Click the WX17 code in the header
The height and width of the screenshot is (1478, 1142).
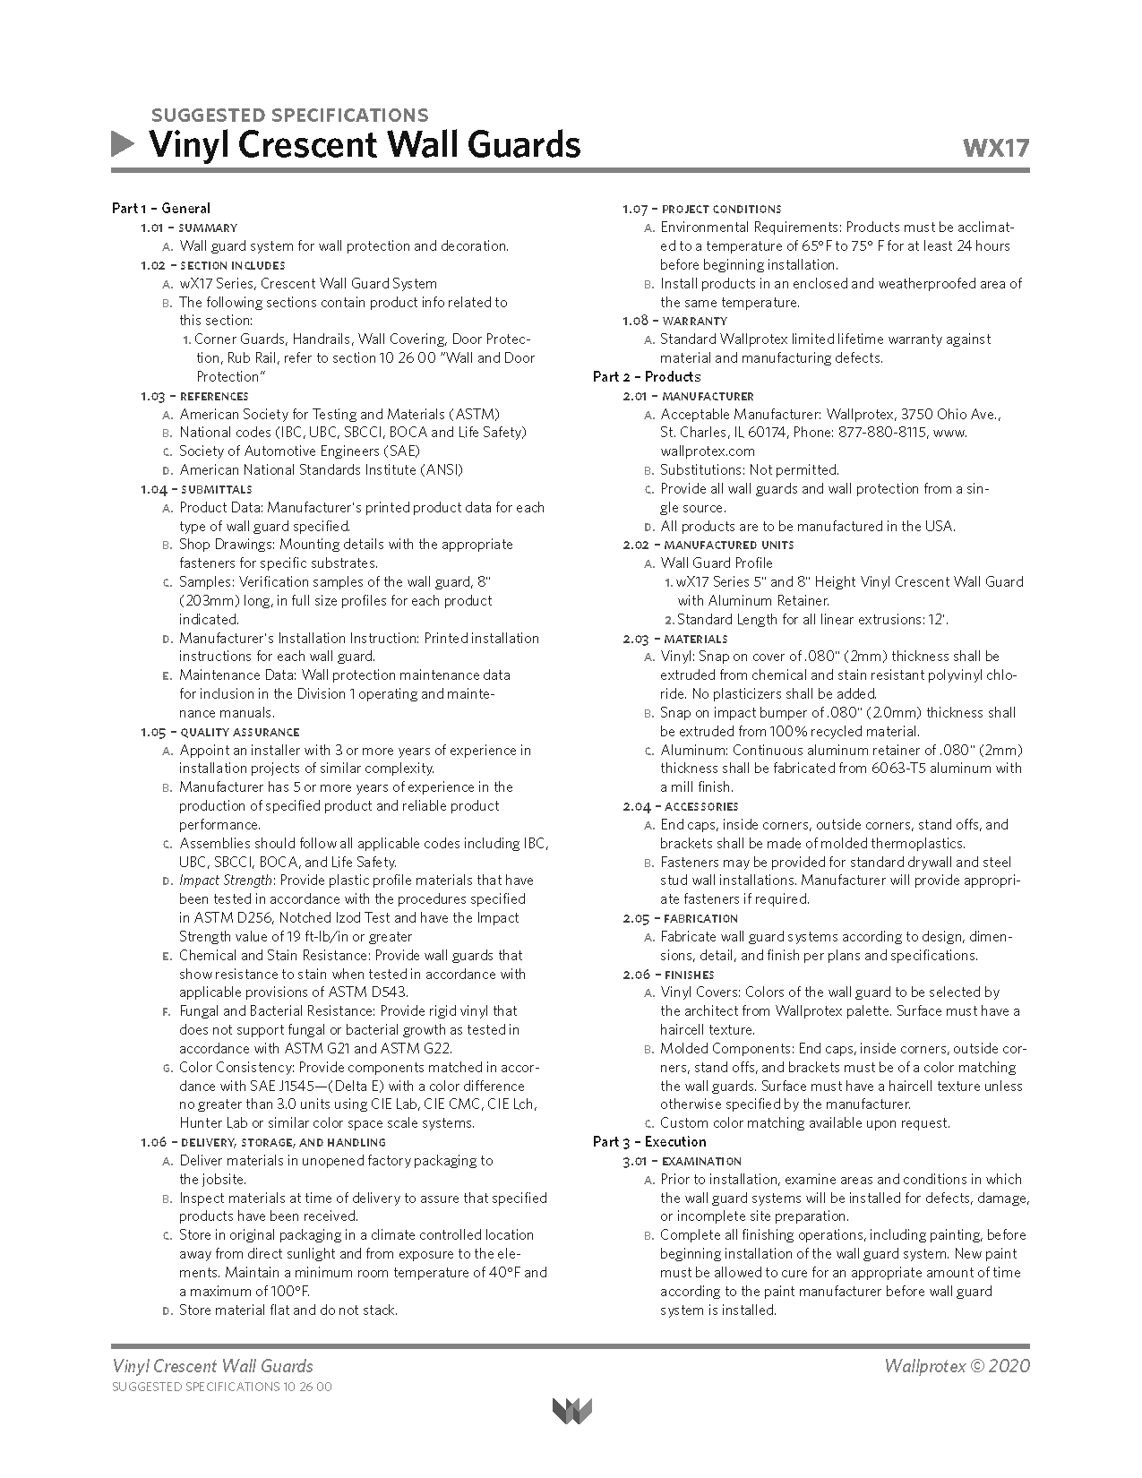(995, 148)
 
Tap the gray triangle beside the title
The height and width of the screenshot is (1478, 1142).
(123, 144)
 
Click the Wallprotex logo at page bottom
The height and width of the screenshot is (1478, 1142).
(571, 1411)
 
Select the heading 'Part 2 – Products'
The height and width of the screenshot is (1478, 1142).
(647, 376)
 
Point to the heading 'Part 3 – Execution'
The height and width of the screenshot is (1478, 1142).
(649, 1141)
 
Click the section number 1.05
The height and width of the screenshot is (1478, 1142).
(152, 732)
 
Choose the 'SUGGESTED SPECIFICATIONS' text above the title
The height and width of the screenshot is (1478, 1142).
(289, 115)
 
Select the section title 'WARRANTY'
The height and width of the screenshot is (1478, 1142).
(695, 321)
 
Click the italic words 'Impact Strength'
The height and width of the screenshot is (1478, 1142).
(225, 881)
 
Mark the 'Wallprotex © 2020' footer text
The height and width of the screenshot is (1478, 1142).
(956, 1366)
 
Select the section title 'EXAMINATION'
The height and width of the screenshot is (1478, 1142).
(701, 1161)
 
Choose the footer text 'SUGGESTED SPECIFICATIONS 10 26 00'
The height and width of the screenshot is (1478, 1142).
(221, 1387)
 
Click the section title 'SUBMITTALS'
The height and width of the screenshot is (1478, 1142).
(216, 489)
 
